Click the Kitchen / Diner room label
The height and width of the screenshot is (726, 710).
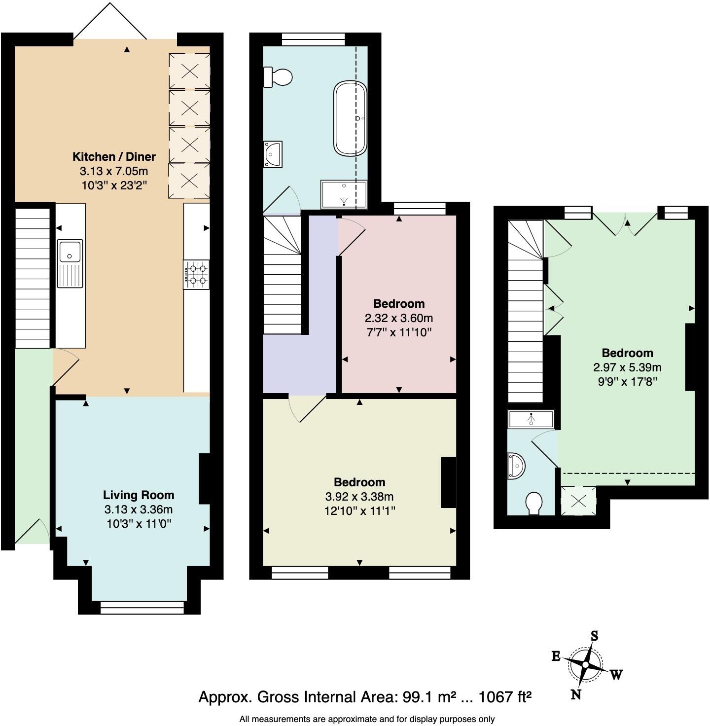click(114, 157)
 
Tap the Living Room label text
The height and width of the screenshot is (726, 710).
click(139, 495)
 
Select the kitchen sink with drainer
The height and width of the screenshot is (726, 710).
click(70, 264)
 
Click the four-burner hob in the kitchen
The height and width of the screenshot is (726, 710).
click(196, 275)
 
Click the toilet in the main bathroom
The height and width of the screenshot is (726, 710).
click(278, 77)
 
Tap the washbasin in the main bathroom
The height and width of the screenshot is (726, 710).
click(273, 154)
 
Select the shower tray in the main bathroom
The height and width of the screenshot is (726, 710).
click(344, 194)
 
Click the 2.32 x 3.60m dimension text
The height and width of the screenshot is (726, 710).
click(398, 318)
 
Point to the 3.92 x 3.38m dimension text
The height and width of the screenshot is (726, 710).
click(359, 497)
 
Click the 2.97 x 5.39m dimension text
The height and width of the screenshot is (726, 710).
click(627, 367)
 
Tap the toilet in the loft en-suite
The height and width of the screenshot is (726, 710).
click(533, 504)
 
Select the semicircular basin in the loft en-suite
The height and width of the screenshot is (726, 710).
click(516, 466)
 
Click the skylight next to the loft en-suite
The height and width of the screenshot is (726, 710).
click(578, 501)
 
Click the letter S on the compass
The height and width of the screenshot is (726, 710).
click(595, 636)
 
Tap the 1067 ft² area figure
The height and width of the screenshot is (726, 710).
click(504, 697)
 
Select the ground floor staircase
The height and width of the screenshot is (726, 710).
click(33, 278)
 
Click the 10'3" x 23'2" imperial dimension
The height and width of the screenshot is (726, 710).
click(114, 185)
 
